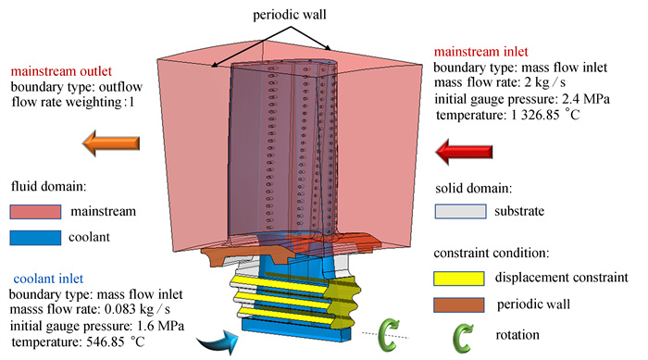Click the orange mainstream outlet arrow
click(111, 143)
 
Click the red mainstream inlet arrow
click(464, 152)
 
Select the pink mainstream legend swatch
click(35, 212)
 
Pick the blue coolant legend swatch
click(35, 238)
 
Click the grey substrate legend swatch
click(460, 211)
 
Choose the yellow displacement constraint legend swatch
click(459, 279)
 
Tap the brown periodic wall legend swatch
click(459, 305)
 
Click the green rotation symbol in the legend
click(462, 339)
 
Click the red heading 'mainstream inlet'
click(481, 52)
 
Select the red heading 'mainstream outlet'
click(61, 71)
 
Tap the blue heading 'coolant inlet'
click(48, 279)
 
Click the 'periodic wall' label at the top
click(289, 15)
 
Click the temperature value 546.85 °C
click(116, 341)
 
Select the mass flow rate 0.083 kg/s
click(137, 309)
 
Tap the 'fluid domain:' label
click(49, 186)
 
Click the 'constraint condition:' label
click(492, 253)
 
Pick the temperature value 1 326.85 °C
click(545, 115)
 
